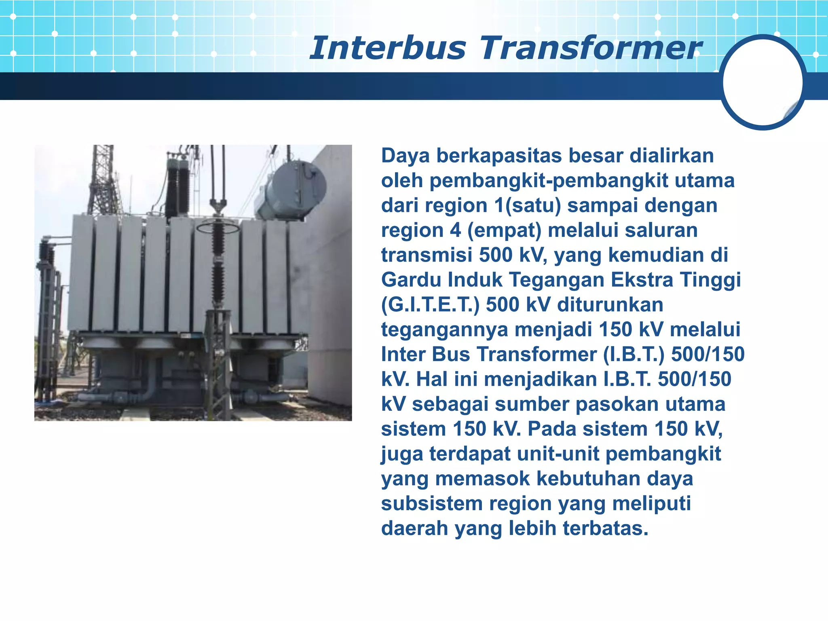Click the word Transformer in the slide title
click(x=590, y=48)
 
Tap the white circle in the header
click(x=763, y=82)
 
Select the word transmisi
click(x=427, y=255)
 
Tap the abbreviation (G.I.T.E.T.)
click(x=430, y=305)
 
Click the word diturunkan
click(x=610, y=305)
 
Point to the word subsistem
click(x=431, y=504)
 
